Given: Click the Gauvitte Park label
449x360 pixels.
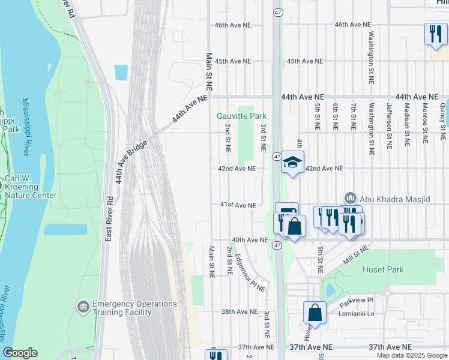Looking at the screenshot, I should coord(241,116).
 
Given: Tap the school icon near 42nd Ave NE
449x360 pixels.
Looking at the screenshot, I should coord(292,163).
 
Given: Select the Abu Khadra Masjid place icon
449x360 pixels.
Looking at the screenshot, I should coord(350,198).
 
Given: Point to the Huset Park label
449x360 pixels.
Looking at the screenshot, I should coord(383,270).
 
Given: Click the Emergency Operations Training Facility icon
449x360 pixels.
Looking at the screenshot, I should coord(83,307).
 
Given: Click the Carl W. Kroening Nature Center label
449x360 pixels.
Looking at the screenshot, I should coord(31,187).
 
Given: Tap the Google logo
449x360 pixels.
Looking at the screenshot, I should coord(20,353).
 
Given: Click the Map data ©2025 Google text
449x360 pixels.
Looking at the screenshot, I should coord(411,355).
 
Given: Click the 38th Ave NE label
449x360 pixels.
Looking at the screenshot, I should coord(239,312).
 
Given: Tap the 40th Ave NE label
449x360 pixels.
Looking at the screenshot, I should coord(249,240).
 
